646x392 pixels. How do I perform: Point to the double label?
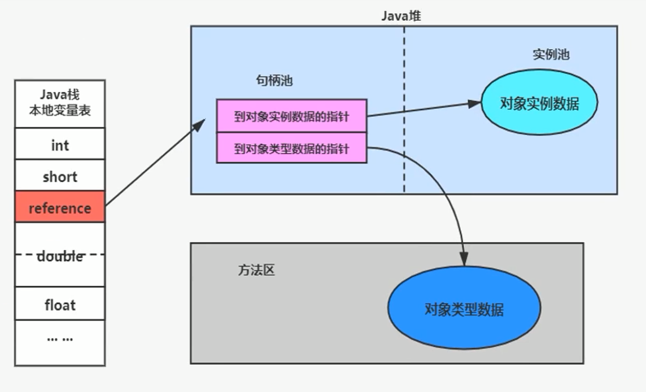[60, 256]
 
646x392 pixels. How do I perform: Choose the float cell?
[60, 304]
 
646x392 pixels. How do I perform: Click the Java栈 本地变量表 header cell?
[60, 103]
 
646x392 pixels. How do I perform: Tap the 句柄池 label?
[274, 81]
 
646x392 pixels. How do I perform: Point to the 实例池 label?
[551, 55]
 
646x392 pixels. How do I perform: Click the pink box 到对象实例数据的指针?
[291, 116]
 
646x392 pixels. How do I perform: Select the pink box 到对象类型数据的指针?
[291, 149]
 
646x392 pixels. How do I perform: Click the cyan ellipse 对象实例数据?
[539, 104]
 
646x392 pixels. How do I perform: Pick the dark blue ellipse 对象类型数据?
[464, 309]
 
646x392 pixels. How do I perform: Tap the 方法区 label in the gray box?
[256, 270]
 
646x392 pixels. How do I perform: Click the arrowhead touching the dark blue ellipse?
[464, 261]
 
